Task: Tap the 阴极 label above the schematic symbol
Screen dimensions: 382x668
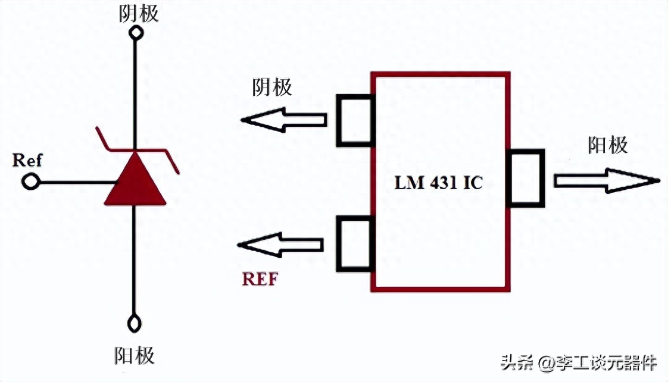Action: (139, 13)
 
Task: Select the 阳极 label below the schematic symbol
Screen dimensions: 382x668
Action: (135, 355)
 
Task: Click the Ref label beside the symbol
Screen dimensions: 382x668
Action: (27, 161)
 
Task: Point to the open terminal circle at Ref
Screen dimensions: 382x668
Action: (30, 181)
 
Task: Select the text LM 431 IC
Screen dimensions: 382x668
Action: (439, 182)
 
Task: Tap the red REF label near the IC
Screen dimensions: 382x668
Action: (260, 278)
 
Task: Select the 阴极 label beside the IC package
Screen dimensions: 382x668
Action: (273, 87)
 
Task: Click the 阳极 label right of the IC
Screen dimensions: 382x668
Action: (608, 145)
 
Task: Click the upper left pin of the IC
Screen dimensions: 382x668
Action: (355, 120)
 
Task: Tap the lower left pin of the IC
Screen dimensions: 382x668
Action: (355, 243)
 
